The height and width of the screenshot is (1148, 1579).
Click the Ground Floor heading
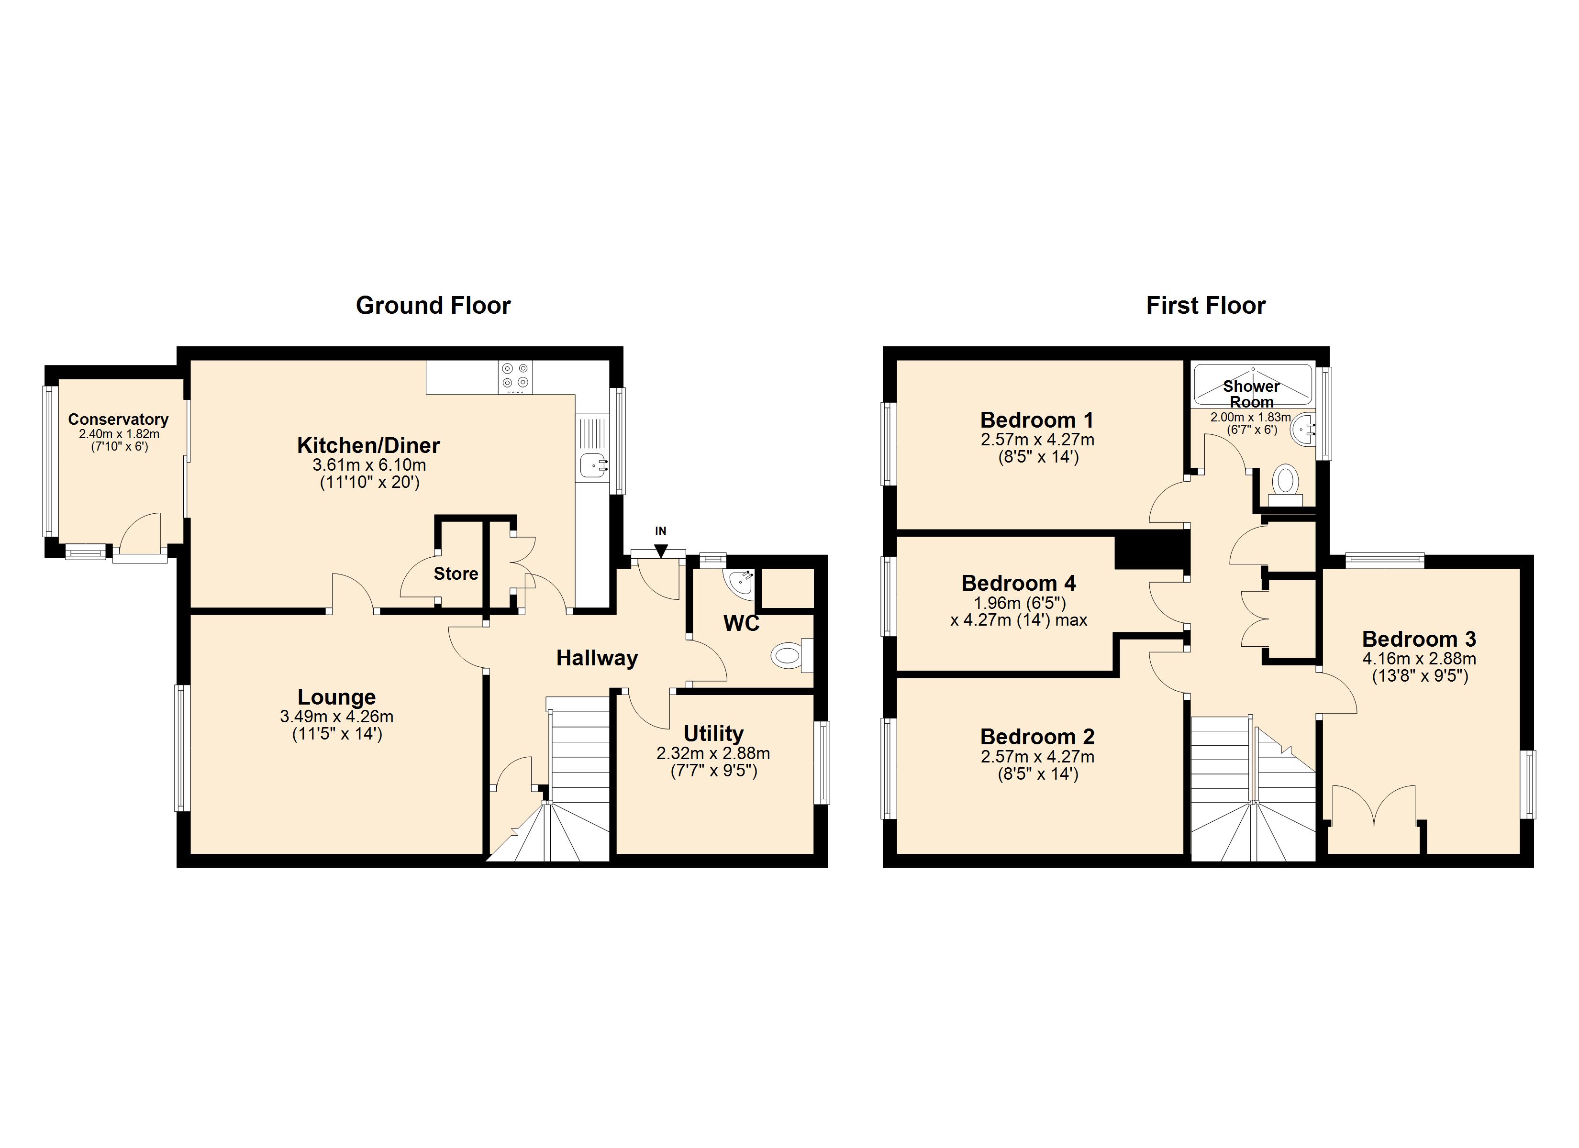(x=433, y=306)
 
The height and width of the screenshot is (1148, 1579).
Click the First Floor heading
(x=1205, y=306)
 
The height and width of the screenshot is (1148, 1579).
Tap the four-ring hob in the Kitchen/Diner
(x=515, y=376)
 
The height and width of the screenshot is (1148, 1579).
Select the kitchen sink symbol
(x=592, y=464)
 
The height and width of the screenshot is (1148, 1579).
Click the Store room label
(x=456, y=574)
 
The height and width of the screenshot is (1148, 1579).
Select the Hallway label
(x=597, y=658)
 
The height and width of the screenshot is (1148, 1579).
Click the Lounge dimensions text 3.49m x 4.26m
(x=336, y=717)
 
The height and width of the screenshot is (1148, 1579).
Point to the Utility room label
(x=713, y=733)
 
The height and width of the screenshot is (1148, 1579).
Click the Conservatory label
(x=118, y=419)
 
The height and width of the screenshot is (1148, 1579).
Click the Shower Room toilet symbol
(x=1285, y=481)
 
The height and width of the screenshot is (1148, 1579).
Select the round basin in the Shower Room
(x=1302, y=429)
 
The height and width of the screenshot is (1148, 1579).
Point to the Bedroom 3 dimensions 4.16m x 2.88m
(x=1419, y=659)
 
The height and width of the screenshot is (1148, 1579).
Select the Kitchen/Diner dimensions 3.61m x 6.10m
(x=368, y=465)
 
